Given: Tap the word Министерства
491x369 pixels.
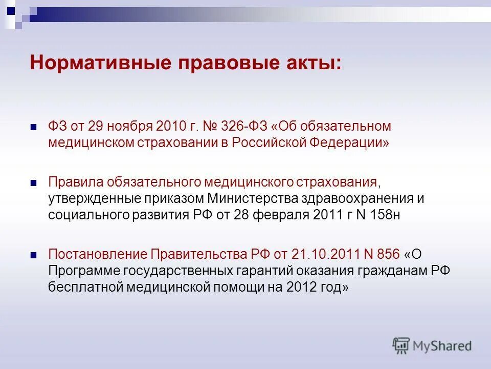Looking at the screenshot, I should click(250, 198).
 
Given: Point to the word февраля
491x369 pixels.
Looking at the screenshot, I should click(280, 215).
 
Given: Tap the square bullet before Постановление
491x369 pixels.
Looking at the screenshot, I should click(34, 255).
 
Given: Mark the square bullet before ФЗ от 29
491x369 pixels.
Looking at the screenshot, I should click(34, 127).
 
